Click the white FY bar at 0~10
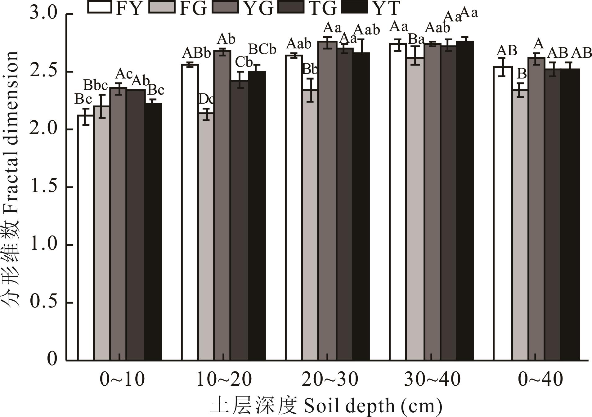click(x=86, y=237)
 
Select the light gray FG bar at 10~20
click(x=206, y=236)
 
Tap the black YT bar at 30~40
click(x=464, y=200)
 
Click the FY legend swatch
click(x=100, y=7)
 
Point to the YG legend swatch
click(x=226, y=7)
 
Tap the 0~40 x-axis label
click(x=540, y=379)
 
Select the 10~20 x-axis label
click(x=224, y=379)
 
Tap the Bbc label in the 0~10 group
click(x=96, y=85)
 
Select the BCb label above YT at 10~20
click(x=262, y=49)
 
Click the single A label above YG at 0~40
click(x=539, y=44)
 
